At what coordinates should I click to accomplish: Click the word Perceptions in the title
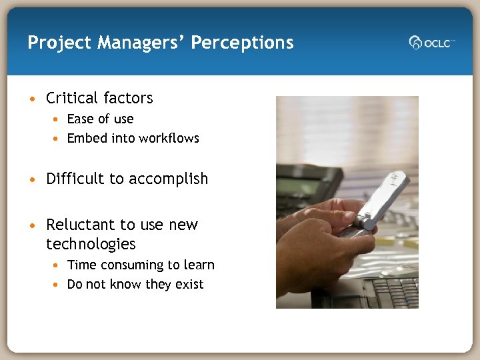(242, 43)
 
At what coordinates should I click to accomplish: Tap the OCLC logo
(431, 42)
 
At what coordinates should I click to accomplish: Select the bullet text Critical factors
(99, 99)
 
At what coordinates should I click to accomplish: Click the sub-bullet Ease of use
(100, 119)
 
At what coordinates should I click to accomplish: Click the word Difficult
(75, 179)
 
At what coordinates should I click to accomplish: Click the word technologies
(91, 244)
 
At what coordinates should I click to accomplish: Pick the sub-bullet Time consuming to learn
(141, 265)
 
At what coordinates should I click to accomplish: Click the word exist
(189, 285)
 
